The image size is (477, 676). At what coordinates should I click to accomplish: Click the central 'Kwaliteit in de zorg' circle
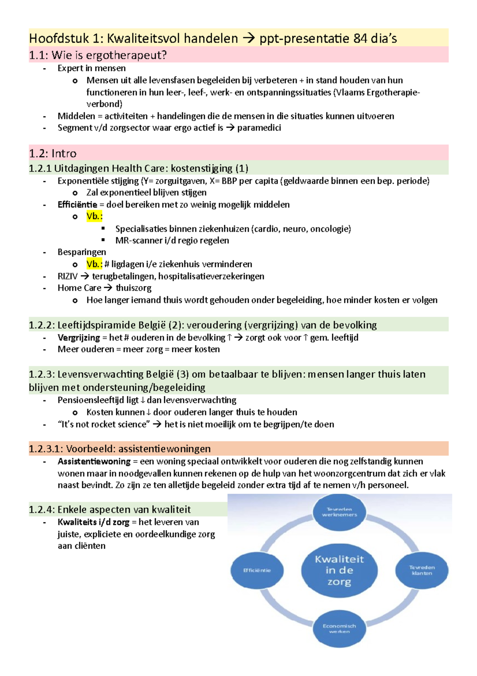(339, 570)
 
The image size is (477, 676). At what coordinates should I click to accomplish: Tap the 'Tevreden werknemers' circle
(339, 512)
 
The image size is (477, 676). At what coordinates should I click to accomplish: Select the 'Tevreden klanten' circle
(422, 570)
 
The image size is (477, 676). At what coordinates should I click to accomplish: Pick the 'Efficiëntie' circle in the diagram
(257, 570)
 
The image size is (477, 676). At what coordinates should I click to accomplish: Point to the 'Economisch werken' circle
(339, 629)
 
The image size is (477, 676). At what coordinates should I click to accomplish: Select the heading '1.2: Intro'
(52, 153)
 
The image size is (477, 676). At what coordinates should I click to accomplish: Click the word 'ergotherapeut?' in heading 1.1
(132, 55)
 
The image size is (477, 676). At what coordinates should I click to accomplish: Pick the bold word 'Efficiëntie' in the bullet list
(77, 205)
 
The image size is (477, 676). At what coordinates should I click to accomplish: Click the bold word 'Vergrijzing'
(79, 338)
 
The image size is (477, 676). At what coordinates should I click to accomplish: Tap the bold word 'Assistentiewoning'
(94, 461)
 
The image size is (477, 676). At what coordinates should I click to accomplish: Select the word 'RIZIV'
(67, 276)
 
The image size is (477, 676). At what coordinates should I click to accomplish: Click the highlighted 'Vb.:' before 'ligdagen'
(94, 264)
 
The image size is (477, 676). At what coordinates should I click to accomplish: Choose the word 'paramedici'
(259, 128)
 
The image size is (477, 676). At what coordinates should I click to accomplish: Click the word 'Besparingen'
(81, 252)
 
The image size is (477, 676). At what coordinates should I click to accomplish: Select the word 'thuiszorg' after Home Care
(134, 288)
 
